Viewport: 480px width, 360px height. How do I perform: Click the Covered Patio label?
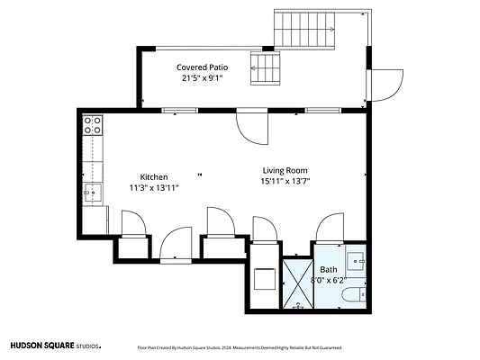click(202, 67)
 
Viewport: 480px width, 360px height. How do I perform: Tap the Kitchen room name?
click(154, 177)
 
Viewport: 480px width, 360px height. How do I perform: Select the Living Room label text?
click(285, 170)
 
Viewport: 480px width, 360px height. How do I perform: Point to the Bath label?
click(329, 270)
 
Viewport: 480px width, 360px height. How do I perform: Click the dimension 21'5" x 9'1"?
click(202, 78)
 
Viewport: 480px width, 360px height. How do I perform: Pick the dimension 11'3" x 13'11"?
click(154, 188)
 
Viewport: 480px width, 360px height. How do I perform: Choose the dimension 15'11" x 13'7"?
click(285, 181)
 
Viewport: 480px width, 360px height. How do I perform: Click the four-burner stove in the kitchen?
click(93, 125)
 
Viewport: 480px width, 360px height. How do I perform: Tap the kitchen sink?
click(93, 193)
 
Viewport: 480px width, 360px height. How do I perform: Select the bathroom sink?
click(355, 261)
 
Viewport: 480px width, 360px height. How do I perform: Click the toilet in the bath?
click(354, 295)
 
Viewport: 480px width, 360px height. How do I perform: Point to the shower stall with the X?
click(298, 283)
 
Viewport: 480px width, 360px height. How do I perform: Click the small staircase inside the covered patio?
click(265, 68)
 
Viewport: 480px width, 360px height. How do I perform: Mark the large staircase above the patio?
click(304, 30)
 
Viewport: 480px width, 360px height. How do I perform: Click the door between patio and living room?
click(253, 127)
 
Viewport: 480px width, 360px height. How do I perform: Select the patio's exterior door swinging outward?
click(386, 85)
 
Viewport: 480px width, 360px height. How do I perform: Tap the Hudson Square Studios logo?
click(56, 346)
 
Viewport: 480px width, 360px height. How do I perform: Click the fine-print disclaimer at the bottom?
click(240, 347)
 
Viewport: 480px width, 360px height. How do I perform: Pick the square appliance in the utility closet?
click(265, 279)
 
